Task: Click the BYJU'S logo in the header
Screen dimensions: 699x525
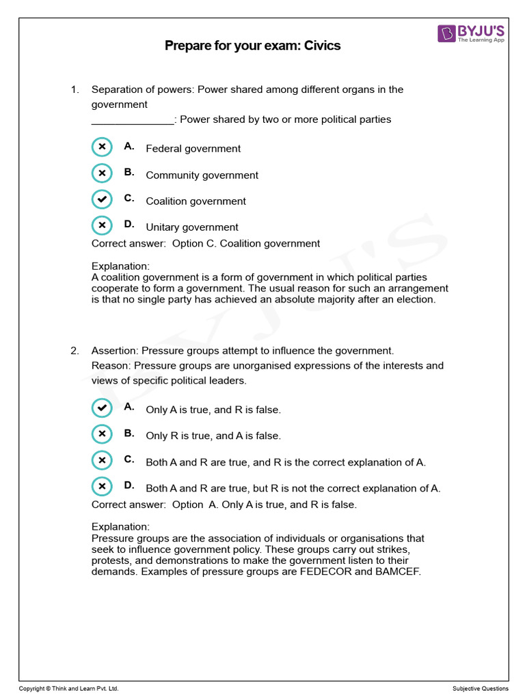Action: (473, 33)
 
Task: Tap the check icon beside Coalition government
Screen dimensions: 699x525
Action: (102, 199)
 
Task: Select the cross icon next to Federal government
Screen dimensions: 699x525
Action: (102, 147)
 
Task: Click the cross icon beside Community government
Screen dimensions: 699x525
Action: (102, 173)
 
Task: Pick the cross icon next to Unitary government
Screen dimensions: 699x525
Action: (102, 225)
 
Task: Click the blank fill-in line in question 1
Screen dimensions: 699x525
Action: (133, 120)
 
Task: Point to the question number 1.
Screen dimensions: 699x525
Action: (75, 89)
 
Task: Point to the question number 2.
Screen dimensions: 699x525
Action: (75, 351)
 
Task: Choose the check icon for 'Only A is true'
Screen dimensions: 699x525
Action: (102, 408)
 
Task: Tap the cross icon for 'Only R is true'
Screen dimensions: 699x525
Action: (102, 433)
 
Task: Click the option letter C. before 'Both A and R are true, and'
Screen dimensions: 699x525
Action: (129, 460)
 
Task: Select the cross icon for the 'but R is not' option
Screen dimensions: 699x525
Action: (102, 486)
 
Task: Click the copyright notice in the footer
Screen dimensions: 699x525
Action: (64, 689)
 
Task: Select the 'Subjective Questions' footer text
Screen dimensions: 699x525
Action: (480, 689)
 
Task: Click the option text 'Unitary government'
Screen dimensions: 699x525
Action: (192, 227)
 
